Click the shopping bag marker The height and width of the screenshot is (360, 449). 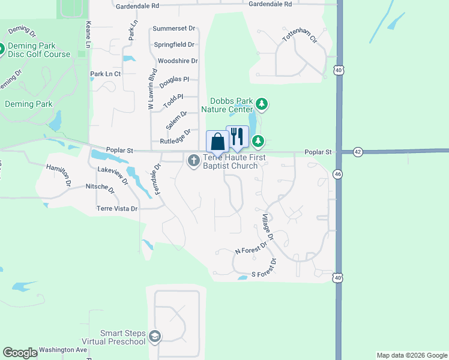tap(217, 142)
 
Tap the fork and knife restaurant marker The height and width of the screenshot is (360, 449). tap(237, 137)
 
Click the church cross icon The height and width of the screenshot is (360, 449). tap(193, 160)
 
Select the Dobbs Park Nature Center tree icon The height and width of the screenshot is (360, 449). tap(261, 104)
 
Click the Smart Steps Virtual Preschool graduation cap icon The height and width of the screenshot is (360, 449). tap(155, 337)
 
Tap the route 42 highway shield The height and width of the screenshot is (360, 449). tap(358, 152)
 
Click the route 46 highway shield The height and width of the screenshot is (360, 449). tap(338, 174)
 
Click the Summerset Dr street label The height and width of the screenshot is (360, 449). tap(174, 28)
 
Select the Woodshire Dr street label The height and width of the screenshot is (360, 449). tap(178, 61)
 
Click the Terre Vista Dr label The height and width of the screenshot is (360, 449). tap(117, 209)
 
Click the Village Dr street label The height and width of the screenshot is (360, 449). tap(267, 228)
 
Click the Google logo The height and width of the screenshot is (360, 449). tap(20, 353)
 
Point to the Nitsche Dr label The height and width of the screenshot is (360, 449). tap(100, 188)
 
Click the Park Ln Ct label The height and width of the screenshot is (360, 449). tap(106, 74)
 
